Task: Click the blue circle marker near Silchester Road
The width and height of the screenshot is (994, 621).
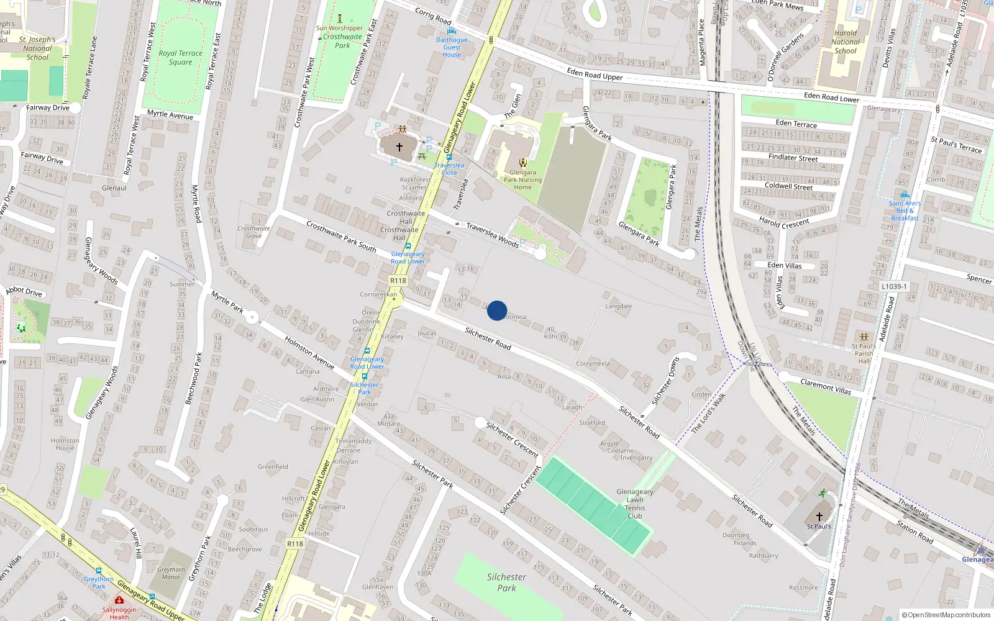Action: pyautogui.click(x=497, y=310)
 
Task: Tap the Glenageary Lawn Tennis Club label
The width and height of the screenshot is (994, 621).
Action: pyautogui.click(x=634, y=503)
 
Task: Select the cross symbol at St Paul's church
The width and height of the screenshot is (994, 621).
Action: pyautogui.click(x=819, y=516)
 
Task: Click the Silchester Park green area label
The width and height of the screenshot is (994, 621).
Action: pyautogui.click(x=506, y=582)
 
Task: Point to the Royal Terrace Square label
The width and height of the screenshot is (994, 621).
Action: pyautogui.click(x=180, y=57)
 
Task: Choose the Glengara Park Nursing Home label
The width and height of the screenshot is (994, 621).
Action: pyautogui.click(x=522, y=179)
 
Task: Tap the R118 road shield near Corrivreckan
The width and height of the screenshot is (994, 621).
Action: pyautogui.click(x=398, y=281)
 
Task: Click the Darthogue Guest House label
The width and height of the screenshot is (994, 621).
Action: pyautogui.click(x=452, y=47)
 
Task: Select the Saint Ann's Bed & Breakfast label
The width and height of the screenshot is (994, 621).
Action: pyautogui.click(x=905, y=211)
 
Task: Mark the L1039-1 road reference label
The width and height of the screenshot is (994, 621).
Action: pyautogui.click(x=894, y=286)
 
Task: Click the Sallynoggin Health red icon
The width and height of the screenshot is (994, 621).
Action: pyautogui.click(x=119, y=600)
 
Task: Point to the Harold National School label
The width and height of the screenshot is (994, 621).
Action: pyautogui.click(x=846, y=42)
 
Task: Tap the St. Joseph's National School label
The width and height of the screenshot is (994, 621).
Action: pyautogui.click(x=37, y=48)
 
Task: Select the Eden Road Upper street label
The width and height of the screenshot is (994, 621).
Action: pyautogui.click(x=595, y=75)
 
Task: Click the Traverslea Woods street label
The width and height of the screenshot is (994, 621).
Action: pyautogui.click(x=493, y=235)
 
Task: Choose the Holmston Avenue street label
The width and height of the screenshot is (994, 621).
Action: pyautogui.click(x=309, y=353)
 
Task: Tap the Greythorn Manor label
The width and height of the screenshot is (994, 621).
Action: pyautogui.click(x=171, y=573)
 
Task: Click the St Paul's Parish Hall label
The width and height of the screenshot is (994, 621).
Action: pyautogui.click(x=864, y=353)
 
